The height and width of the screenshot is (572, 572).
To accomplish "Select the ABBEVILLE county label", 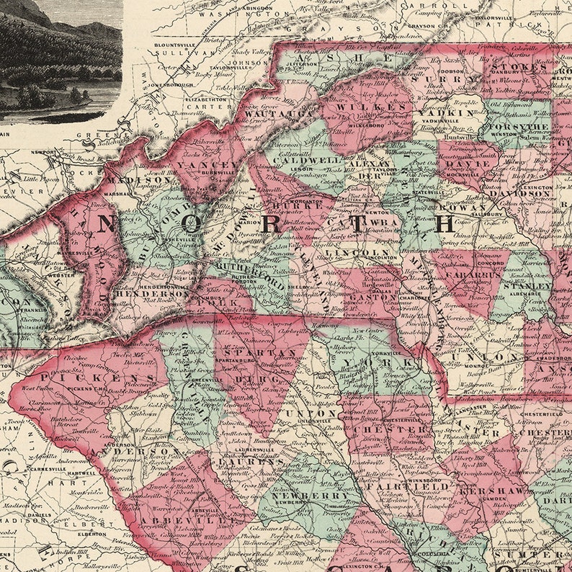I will pos(166,520).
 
